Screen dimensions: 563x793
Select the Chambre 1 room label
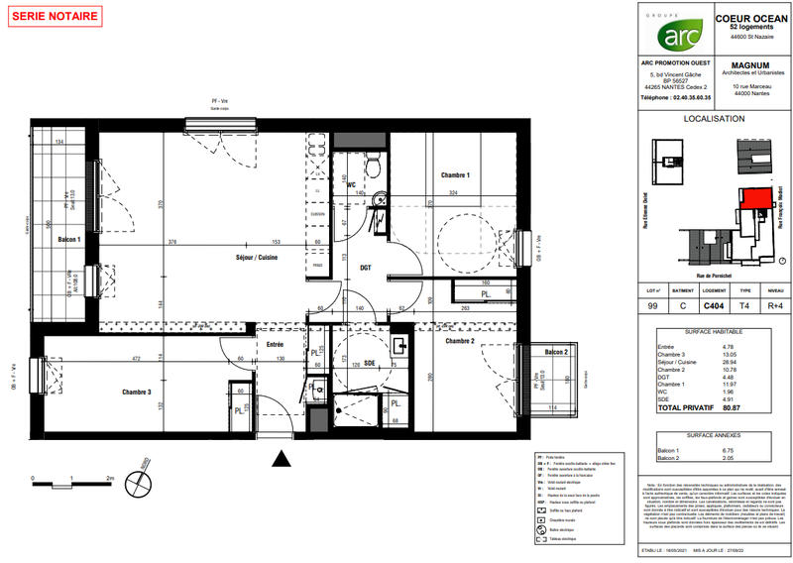coord(454,175)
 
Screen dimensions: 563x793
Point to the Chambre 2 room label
coord(460,341)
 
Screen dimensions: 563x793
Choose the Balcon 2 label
coord(554,352)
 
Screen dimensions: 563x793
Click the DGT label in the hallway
coord(365,267)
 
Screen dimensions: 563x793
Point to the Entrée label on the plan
coord(274,344)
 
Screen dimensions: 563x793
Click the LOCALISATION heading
coord(714,119)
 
